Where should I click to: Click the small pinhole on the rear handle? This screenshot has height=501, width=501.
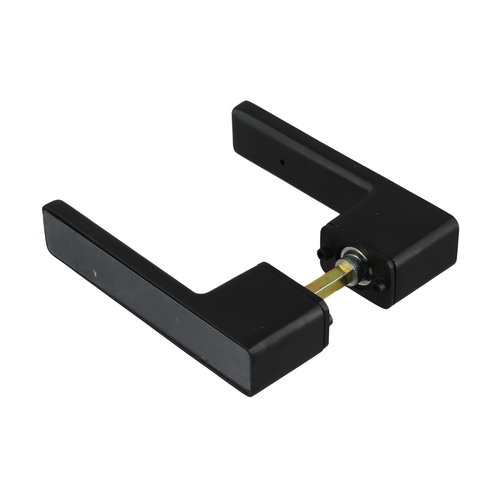tap(282, 163)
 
